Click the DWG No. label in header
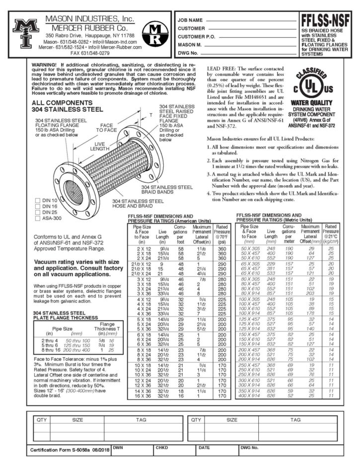click(x=189, y=52)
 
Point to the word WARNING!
click(x=44, y=65)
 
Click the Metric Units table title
click(x=275, y=217)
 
